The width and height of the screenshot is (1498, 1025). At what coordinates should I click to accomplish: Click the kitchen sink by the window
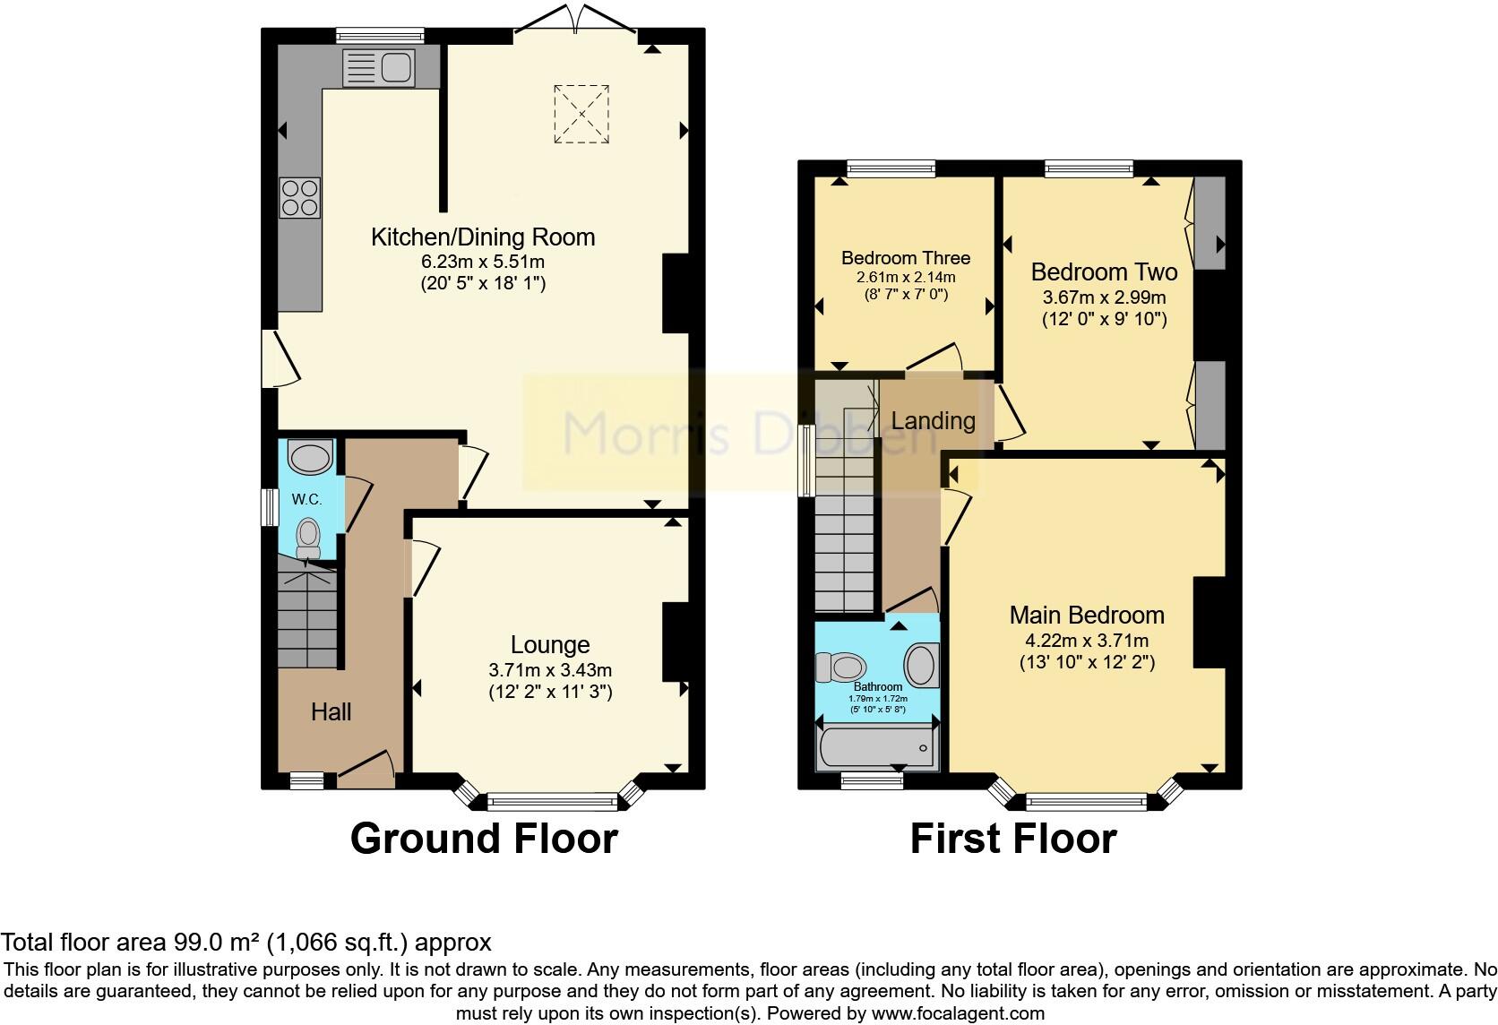tap(379, 67)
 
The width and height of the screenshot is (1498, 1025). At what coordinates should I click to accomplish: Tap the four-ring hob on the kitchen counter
tap(299, 198)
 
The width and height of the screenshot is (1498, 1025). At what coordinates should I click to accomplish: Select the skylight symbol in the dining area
tap(582, 114)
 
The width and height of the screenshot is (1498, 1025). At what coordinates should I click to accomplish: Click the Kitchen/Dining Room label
tap(483, 237)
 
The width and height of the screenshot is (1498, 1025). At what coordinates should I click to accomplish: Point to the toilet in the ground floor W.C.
tap(308, 535)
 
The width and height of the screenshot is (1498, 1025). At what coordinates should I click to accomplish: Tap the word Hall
tap(331, 712)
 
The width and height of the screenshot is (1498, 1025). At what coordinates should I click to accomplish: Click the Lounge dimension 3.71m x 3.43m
tap(550, 670)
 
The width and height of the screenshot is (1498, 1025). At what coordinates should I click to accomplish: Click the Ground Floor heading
tap(484, 839)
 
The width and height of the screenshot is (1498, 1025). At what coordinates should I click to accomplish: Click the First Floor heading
tap(1013, 839)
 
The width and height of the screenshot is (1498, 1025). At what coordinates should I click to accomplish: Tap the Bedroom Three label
tap(905, 258)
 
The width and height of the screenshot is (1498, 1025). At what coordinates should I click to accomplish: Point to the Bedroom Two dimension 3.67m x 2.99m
tap(1104, 297)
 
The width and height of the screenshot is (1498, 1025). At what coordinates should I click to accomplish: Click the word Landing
tap(933, 420)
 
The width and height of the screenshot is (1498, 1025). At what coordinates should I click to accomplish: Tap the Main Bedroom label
tap(1087, 616)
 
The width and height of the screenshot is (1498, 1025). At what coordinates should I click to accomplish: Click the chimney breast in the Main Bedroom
tap(1209, 623)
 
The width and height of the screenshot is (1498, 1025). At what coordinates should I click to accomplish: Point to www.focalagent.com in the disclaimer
tap(959, 1013)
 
